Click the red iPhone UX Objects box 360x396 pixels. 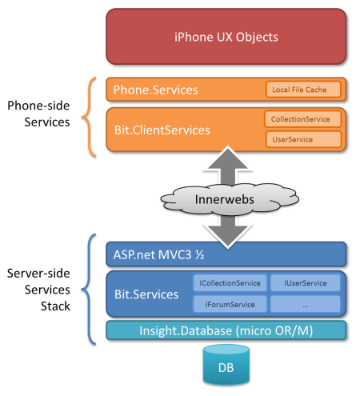coord(226,37)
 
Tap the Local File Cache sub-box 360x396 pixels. coord(303,90)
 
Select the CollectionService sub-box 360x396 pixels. coord(302,119)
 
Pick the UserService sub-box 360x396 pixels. coord(303,139)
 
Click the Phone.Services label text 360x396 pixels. coord(156,90)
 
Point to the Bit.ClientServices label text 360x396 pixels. coord(162,130)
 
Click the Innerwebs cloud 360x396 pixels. coord(230,199)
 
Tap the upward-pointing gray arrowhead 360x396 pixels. coord(228,158)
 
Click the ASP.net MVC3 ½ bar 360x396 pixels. coord(226,254)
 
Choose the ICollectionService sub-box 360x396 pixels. coord(230,283)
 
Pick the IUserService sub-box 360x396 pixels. coord(306,283)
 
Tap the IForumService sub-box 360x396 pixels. coord(230,304)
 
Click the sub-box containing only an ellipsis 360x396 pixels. coord(306,304)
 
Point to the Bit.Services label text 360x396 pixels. coord(146,294)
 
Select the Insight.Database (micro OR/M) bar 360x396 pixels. coord(226,330)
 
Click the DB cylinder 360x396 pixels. coord(226,365)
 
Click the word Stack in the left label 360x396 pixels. coord(55,306)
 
